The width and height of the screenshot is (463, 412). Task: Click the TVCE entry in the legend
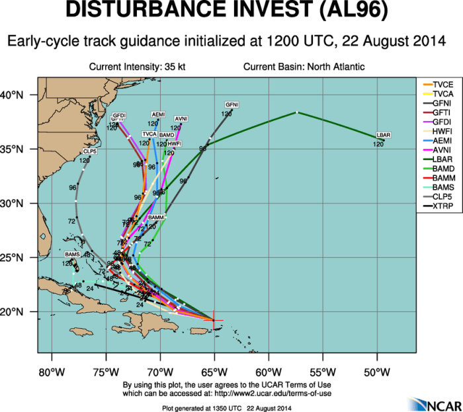pos(441,85)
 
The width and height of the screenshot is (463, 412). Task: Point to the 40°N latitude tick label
pos(19,95)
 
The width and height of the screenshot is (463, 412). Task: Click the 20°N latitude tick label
pos(19,311)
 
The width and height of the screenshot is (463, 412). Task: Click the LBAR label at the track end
pos(384,135)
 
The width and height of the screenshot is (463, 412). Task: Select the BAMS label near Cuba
pos(72,255)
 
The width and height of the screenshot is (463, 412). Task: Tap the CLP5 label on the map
pos(89,151)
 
